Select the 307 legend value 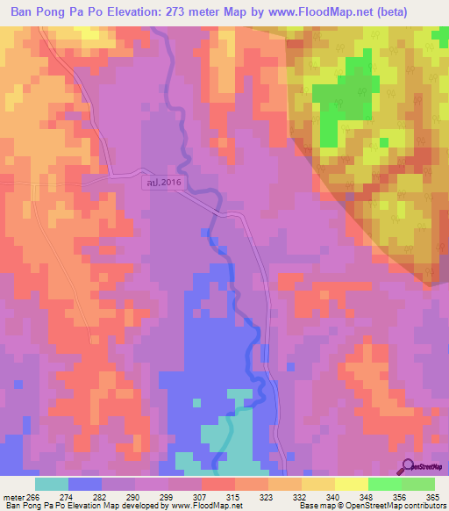(199, 497)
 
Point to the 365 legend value (432, 497)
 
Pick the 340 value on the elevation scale (333, 497)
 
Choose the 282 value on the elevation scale (99, 497)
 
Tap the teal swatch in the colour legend (52, 484)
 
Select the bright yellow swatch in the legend (351, 484)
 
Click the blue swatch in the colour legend (85, 484)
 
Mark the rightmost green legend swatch (418, 484)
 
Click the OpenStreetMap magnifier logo (407, 466)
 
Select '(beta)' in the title (421, 13)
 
